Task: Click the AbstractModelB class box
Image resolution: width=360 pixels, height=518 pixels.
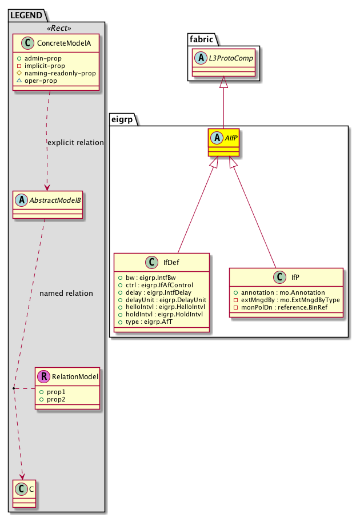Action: tap(47, 205)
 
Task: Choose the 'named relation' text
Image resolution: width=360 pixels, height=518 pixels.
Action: tap(66, 294)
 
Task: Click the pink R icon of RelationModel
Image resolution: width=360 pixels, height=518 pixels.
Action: tap(44, 376)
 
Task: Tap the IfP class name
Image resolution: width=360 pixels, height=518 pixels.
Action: tap(295, 278)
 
